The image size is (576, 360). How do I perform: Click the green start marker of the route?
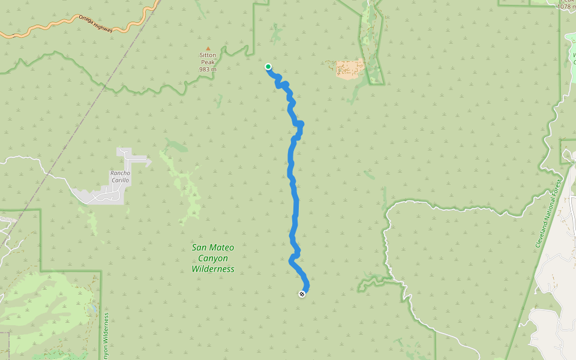pos(268,67)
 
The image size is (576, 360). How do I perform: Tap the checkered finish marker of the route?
pos(302,293)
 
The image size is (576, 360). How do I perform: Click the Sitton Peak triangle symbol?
pos(208,49)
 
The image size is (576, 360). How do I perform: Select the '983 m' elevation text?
pos(208,70)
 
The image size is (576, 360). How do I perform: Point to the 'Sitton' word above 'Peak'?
pos(208,55)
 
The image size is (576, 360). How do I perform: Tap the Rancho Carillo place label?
pos(119,176)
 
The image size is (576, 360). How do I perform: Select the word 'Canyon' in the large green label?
pos(213,258)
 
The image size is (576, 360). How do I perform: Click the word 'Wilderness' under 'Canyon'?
pos(213,269)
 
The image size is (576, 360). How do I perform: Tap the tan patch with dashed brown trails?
pos(349,68)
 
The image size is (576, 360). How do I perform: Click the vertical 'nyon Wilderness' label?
pos(106,337)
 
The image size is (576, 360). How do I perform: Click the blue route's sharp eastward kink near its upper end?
pos(299,124)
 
